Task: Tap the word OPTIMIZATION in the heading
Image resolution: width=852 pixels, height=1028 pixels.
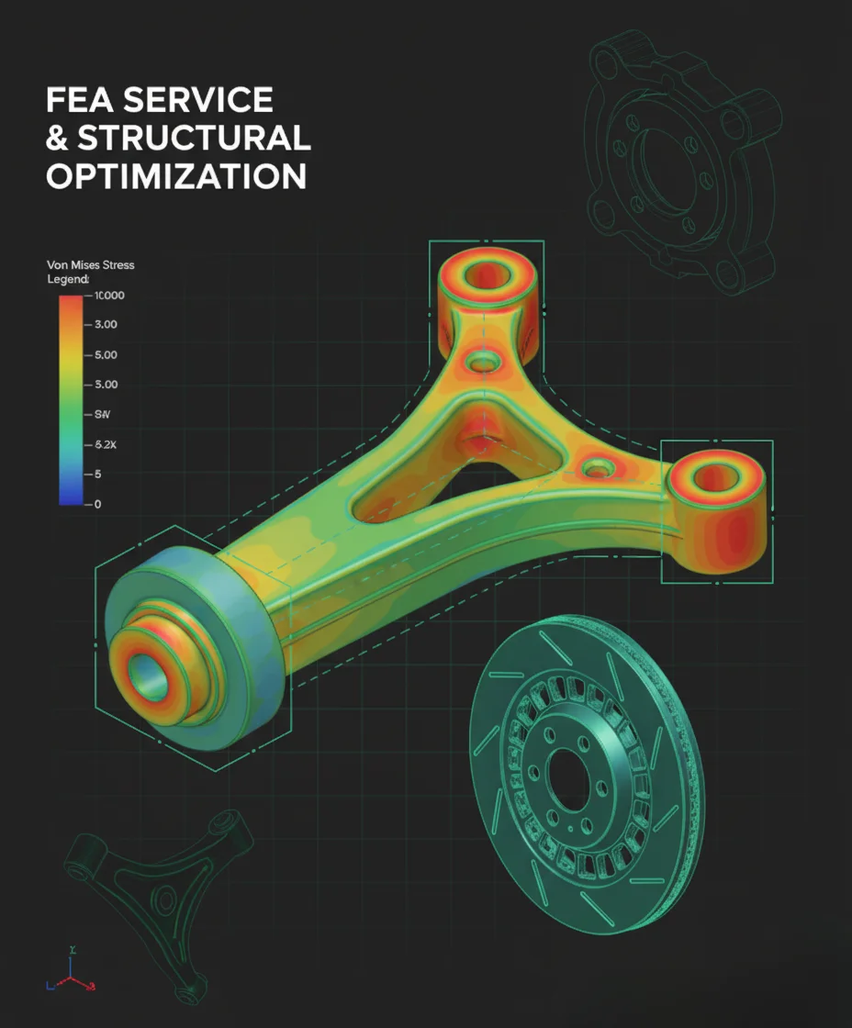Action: pos(176,175)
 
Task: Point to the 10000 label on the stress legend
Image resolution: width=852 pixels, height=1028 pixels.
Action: pos(110,296)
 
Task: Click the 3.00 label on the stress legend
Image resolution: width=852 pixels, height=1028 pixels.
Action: pos(106,324)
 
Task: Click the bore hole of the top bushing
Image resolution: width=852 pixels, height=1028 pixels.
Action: pos(486,274)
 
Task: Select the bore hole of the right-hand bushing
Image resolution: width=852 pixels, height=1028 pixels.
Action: pos(716,478)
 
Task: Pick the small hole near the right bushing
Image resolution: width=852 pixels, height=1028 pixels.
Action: pos(598,469)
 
